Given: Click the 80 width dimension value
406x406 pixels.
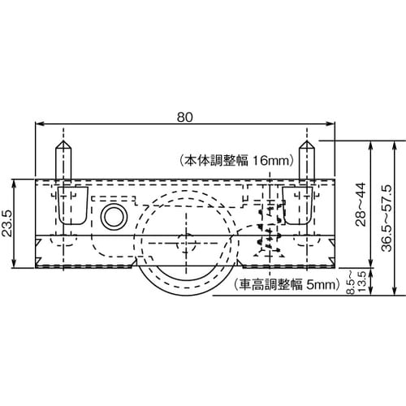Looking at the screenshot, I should point(184,116).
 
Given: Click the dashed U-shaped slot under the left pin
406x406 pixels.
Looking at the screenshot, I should point(73,205).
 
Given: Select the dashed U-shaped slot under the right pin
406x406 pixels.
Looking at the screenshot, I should point(296,205).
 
